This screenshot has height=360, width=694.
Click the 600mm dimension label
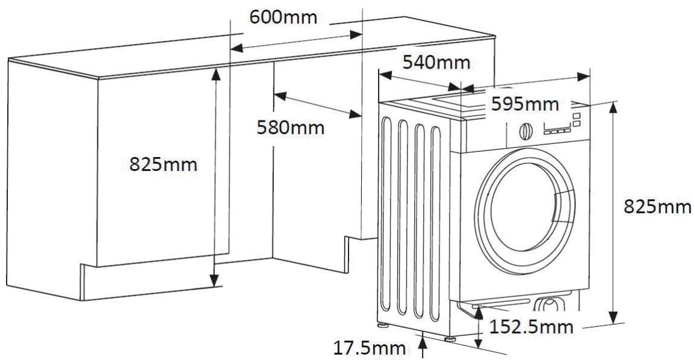(x=283, y=17)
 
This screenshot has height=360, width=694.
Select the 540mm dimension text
(x=436, y=63)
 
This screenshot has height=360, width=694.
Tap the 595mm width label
(x=524, y=104)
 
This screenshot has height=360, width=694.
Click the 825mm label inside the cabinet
(x=163, y=164)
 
